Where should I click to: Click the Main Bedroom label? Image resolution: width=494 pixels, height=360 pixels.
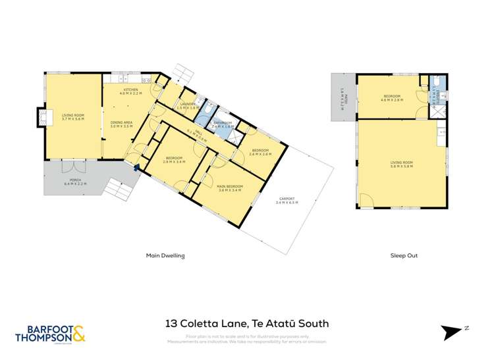click(230, 188)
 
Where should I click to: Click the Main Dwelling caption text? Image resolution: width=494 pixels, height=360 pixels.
click(165, 255)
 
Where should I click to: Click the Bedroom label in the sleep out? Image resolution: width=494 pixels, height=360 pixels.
click(393, 98)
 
